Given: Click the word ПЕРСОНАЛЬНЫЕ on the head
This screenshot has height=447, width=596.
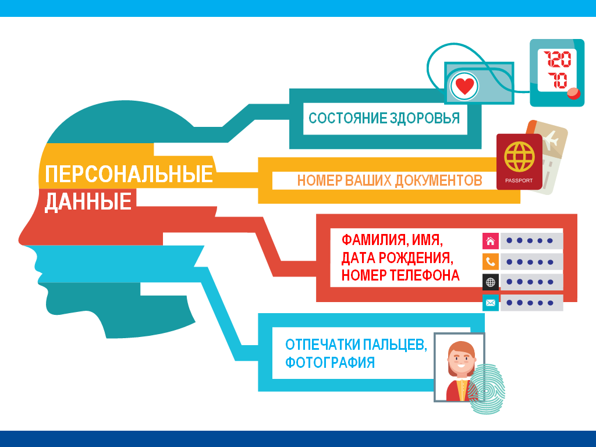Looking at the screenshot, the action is [129, 174].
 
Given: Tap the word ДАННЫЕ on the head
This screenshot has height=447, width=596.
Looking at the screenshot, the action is [88, 201].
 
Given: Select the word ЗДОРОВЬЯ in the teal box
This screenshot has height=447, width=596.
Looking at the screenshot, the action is [424, 118].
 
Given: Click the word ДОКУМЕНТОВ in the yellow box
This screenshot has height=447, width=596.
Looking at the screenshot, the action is [439, 180].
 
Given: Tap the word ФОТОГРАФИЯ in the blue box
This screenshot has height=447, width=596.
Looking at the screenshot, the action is [330, 362].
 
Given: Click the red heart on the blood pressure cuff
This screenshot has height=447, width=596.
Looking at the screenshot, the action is [464, 86].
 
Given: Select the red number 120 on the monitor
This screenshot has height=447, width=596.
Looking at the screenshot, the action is [557, 59].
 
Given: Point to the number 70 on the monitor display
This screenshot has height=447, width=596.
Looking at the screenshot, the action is [558, 80].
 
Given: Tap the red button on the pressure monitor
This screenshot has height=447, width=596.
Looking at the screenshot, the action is [573, 93].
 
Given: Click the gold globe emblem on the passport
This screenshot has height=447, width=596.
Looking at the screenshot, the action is [519, 156].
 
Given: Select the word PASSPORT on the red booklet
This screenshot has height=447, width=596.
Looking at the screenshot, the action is [519, 180].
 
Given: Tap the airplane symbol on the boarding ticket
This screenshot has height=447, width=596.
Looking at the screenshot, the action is [551, 140].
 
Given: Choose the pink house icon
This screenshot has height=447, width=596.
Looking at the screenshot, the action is [490, 241].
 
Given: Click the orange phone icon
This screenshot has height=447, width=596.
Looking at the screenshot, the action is [490, 261].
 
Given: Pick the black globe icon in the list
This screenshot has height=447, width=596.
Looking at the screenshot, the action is [490, 282].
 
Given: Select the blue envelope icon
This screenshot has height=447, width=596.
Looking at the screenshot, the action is [490, 303].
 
